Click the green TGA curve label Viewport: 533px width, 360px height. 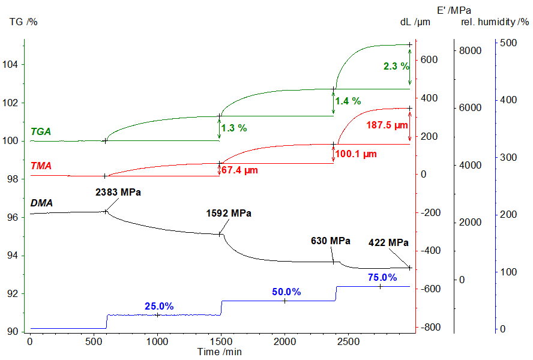click(x=43, y=131)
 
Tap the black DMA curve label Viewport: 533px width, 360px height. click(x=42, y=203)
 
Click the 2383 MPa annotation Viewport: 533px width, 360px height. click(x=121, y=193)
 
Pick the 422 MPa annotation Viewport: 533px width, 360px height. click(x=388, y=242)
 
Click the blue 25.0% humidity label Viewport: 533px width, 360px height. click(x=159, y=307)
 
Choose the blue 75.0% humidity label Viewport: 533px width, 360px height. click(x=382, y=277)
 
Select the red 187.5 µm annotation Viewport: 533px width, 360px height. click(x=387, y=125)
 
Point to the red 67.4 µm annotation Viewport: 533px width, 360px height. click(x=239, y=170)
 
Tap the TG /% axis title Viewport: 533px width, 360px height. click(x=24, y=22)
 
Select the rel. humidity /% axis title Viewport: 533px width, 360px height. click(x=495, y=22)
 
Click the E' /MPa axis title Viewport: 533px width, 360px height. click(x=454, y=10)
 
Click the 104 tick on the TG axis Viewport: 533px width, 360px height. click(x=13, y=65)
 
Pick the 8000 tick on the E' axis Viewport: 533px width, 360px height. click(x=470, y=50)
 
